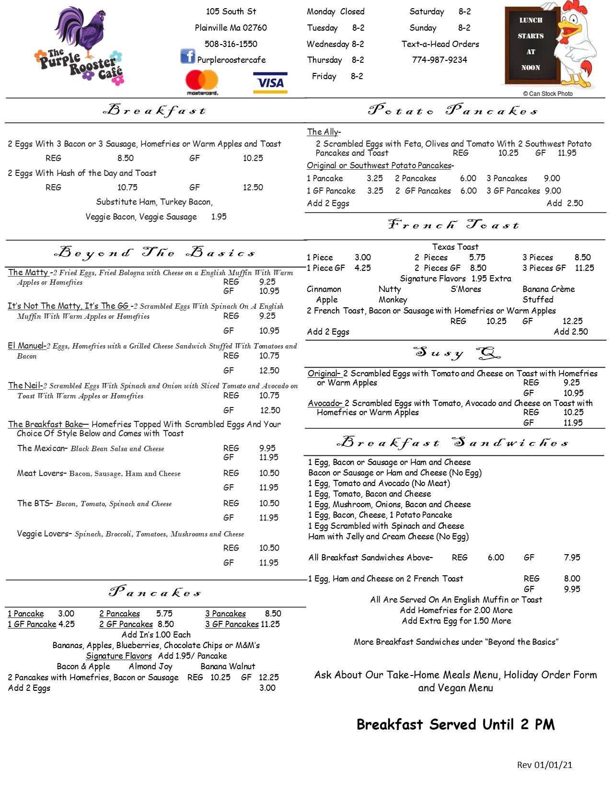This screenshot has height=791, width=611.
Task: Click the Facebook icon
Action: point(187,56)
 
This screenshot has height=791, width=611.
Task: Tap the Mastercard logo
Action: point(202,82)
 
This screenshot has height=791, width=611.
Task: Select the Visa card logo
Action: point(270,82)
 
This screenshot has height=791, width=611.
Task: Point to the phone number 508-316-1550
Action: point(231,44)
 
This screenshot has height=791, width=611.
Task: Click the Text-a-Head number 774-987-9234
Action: point(439,60)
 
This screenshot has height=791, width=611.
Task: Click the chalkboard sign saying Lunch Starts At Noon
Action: point(530,45)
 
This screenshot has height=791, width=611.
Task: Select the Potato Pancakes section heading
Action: point(453,111)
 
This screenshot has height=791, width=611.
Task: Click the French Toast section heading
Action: point(453,225)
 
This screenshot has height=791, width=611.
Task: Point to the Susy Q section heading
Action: point(457,354)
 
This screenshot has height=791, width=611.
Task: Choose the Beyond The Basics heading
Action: point(155,253)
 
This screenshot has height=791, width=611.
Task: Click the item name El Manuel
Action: point(26,346)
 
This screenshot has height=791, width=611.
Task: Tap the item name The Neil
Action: point(25,385)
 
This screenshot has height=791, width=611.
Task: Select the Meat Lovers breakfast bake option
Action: point(40,473)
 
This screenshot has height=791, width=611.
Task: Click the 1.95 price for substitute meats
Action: point(219,217)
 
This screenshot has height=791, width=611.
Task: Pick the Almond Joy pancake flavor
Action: point(150,666)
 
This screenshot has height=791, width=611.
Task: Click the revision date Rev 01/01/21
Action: point(544,765)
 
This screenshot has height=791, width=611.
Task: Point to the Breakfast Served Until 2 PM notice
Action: point(455,724)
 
